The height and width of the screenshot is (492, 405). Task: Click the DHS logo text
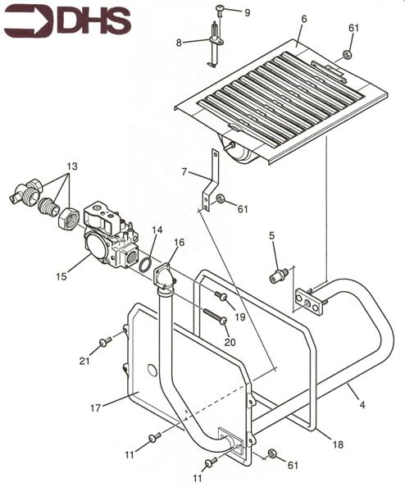93,22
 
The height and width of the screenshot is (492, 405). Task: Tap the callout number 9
248,13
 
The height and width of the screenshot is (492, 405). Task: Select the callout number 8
179,43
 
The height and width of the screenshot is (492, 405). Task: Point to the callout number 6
304,19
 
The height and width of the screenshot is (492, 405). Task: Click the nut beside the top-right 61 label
347,55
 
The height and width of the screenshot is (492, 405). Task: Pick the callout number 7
184,172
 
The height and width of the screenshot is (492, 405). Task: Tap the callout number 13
72,166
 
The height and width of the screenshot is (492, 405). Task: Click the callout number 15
61,276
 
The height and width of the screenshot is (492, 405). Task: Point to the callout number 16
180,243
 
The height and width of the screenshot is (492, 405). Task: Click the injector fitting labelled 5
278,276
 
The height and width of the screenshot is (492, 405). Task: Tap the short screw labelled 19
221,295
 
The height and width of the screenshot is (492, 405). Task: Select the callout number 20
230,342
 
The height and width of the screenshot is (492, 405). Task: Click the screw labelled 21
106,342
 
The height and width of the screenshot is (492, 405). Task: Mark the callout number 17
96,408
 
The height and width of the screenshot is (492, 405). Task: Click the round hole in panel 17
152,371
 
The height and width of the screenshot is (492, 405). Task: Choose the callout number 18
338,444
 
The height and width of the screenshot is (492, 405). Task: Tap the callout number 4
362,405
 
